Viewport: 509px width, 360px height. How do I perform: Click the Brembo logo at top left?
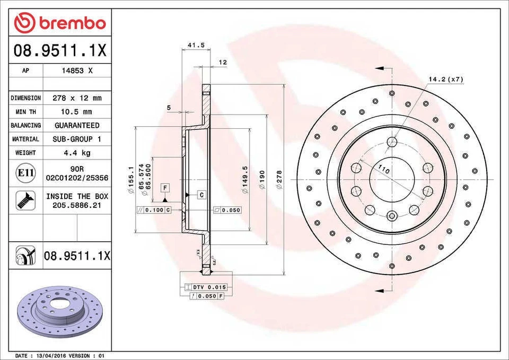[x=60, y=23]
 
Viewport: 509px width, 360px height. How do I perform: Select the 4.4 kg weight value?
[x=77, y=153]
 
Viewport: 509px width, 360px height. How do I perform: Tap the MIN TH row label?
[x=25, y=112]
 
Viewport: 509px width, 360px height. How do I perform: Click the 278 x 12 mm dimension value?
[x=77, y=98]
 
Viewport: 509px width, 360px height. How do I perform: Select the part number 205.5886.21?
[x=77, y=204]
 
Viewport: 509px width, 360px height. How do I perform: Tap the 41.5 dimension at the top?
[x=196, y=46]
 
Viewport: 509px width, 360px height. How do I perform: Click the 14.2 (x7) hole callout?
[x=446, y=80]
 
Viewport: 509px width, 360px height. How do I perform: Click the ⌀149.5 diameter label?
[x=245, y=179]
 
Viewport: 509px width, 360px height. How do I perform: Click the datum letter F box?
[x=165, y=188]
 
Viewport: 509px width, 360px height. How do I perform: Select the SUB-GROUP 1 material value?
[x=77, y=139]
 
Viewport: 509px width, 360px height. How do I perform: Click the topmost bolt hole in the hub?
[x=392, y=142]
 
